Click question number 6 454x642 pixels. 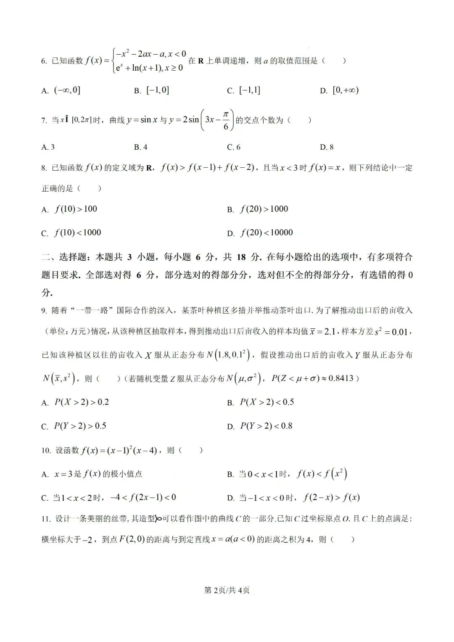(x=44, y=61)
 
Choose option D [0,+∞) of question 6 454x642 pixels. (x=339, y=90)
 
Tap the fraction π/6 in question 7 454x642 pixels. (x=226, y=120)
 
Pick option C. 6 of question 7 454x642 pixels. (x=234, y=147)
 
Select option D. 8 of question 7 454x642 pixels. (x=327, y=147)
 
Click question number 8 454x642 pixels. (x=44, y=168)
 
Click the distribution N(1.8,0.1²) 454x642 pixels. (x=229, y=355)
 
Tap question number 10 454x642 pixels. (x=46, y=451)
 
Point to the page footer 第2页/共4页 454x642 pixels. (x=227, y=590)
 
